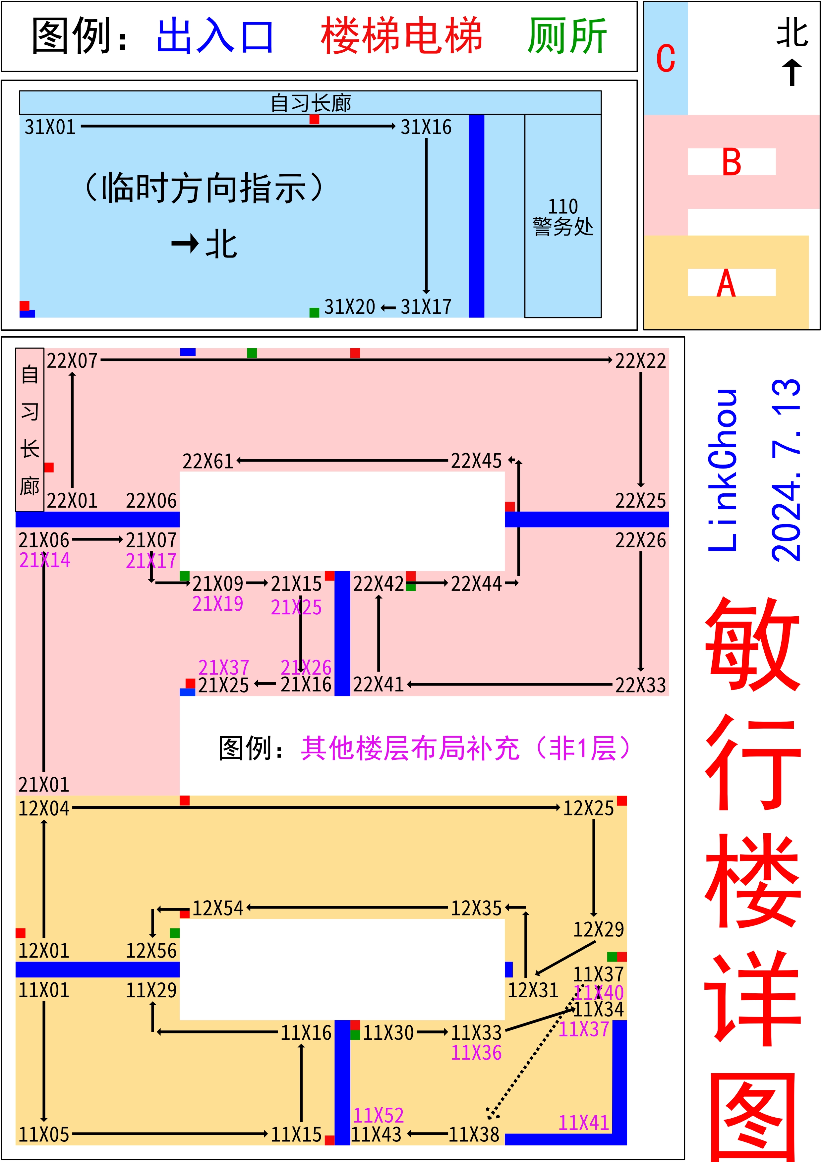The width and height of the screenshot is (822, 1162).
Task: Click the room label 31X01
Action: [x=50, y=127]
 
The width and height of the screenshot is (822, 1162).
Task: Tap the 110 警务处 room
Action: [x=563, y=217]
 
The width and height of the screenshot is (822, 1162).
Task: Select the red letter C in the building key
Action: [x=666, y=59]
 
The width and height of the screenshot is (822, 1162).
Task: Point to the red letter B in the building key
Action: [x=732, y=162]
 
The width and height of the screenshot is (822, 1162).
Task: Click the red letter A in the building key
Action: [x=726, y=283]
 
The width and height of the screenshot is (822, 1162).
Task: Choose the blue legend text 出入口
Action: [x=215, y=36]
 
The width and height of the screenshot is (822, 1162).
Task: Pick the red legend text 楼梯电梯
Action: [x=401, y=36]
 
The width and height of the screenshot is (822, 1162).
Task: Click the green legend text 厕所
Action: [x=567, y=36]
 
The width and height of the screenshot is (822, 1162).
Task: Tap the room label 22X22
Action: [x=640, y=361]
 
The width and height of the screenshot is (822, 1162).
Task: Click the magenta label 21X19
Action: [x=218, y=604]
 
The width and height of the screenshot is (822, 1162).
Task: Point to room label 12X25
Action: [x=588, y=808]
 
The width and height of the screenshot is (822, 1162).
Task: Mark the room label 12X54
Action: [x=218, y=909]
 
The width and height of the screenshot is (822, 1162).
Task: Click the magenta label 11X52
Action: [x=378, y=1115]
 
